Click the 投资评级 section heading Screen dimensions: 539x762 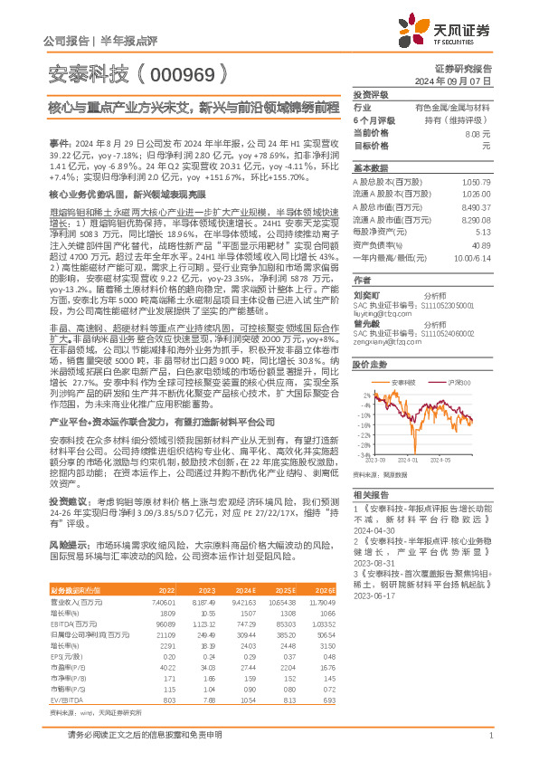[371, 94]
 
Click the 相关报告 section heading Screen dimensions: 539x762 [371, 494]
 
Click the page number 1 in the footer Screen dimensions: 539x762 [489, 744]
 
